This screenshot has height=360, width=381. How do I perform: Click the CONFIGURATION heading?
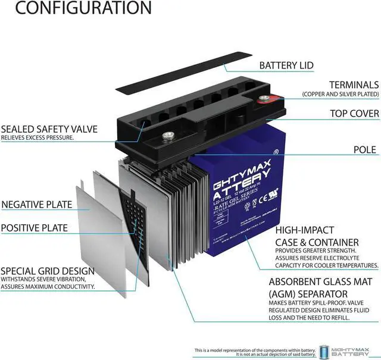coord(76,8)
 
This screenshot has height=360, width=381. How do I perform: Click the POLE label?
coord(365,149)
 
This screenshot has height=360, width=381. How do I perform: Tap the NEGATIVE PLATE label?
coord(37,205)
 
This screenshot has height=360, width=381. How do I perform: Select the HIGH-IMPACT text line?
coord(305,230)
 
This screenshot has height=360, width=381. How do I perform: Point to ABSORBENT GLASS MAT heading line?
coord(324,281)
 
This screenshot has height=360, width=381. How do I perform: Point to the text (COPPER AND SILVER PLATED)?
coord(340,94)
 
